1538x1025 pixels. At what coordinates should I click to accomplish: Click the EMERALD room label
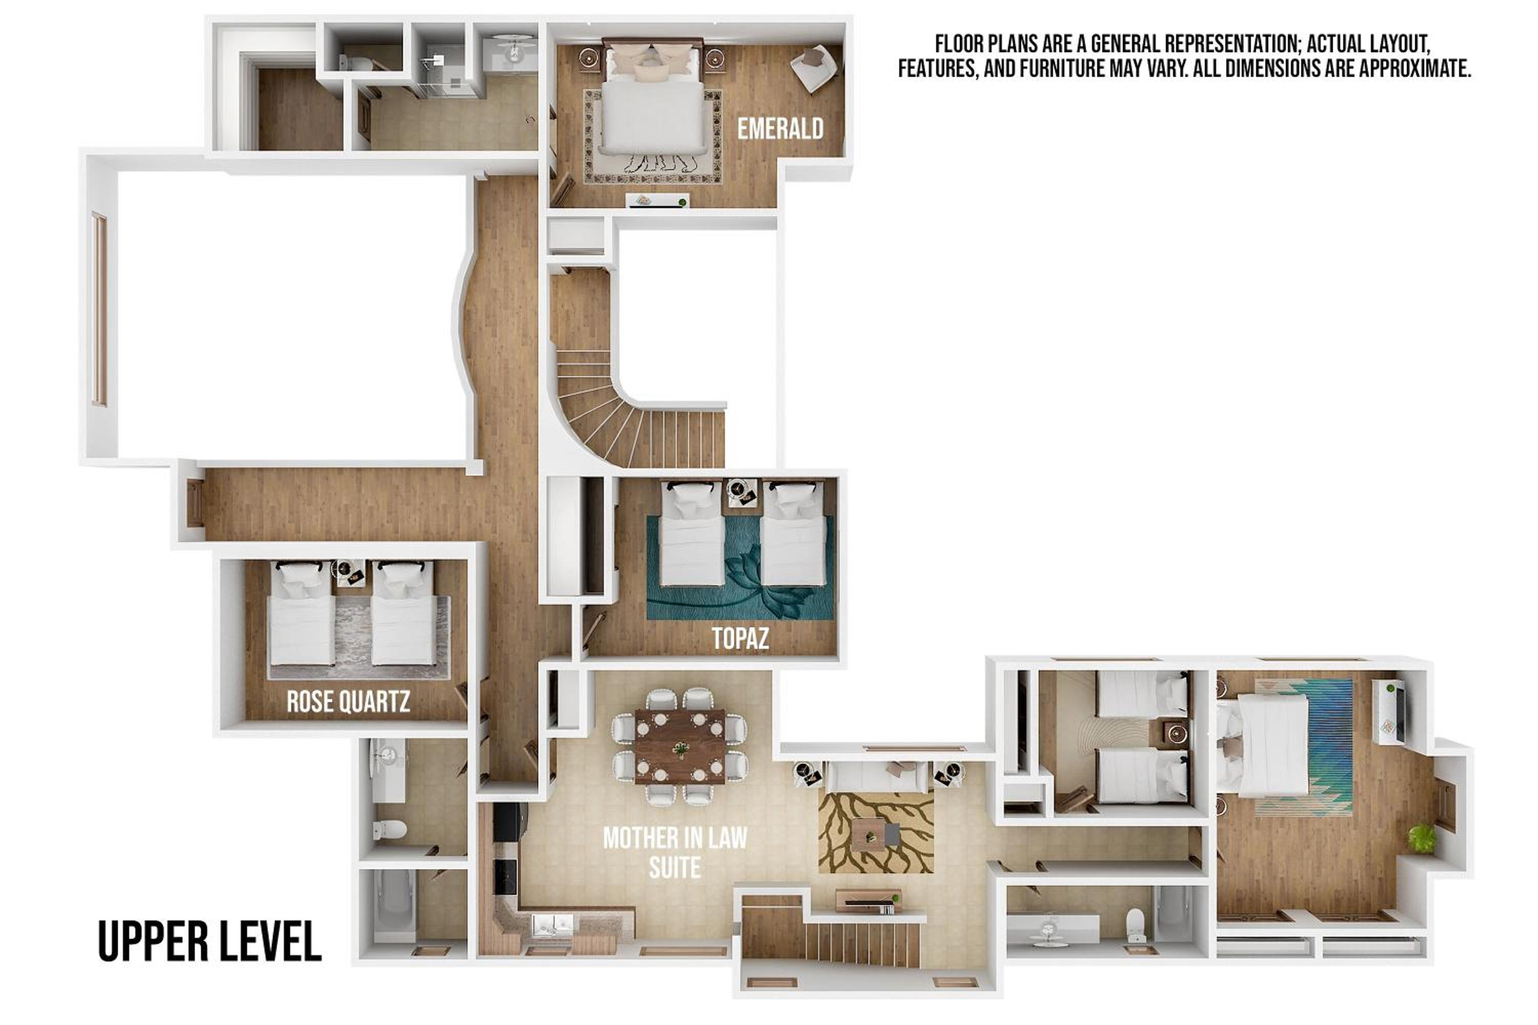point(780,129)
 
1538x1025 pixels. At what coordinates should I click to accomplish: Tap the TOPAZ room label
point(740,639)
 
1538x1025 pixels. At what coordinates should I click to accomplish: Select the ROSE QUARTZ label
point(349,702)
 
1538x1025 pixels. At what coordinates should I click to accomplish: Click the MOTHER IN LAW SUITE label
point(675,852)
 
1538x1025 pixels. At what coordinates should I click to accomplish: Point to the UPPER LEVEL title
point(210,941)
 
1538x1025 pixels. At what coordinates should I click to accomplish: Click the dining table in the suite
point(680,746)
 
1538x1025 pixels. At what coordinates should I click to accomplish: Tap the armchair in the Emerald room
point(814,67)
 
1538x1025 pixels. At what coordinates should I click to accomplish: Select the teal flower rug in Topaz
point(740,567)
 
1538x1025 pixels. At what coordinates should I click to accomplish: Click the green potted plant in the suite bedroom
point(1422,838)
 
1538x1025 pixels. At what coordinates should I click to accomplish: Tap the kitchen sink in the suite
point(553,925)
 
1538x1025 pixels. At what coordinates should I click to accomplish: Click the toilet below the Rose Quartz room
point(390,830)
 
